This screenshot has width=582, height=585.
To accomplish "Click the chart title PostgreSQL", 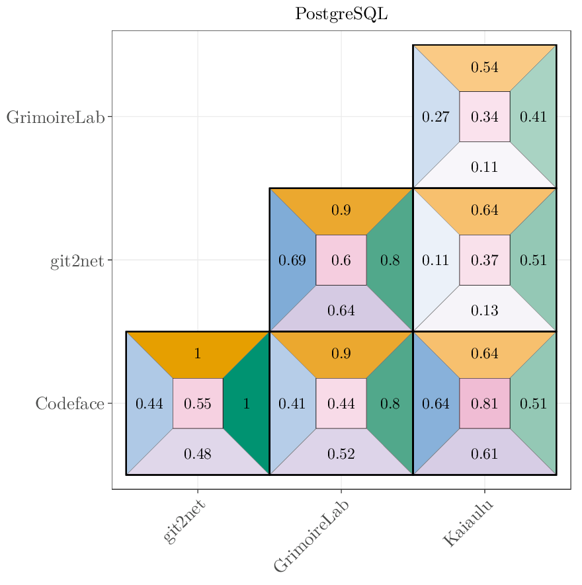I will pyautogui.click(x=341, y=14).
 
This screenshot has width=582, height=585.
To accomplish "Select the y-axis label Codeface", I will pyautogui.click(x=69, y=403).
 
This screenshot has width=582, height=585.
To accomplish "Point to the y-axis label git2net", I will pyautogui.click(x=77, y=260).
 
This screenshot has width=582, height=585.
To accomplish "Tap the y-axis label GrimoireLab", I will pyautogui.click(x=56, y=117).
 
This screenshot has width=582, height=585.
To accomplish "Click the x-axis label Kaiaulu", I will pyautogui.click(x=468, y=523).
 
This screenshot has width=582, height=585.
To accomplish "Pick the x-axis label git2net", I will pyautogui.click(x=185, y=522).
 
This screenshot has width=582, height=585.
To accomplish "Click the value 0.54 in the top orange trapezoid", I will pyautogui.click(x=484, y=67).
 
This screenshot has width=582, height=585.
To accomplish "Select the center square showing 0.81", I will pyautogui.click(x=484, y=403).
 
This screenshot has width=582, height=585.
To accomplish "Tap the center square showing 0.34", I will pyautogui.click(x=484, y=117).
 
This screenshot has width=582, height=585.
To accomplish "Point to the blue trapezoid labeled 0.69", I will pyautogui.click(x=292, y=260).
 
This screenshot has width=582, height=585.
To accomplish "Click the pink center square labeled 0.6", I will pyautogui.click(x=341, y=260).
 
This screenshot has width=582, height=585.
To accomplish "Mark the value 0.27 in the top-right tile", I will pyautogui.click(x=435, y=117).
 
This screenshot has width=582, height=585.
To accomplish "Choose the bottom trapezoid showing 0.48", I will pyautogui.click(x=197, y=453).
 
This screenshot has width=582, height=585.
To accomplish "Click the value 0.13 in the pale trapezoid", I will pyautogui.click(x=484, y=311).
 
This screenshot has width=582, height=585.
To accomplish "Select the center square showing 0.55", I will pyautogui.click(x=197, y=403).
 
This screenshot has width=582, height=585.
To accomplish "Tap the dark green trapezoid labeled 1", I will pyautogui.click(x=247, y=403).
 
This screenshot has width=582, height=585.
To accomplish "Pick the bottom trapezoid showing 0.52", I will pyautogui.click(x=341, y=453).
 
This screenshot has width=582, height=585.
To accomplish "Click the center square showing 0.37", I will pyautogui.click(x=484, y=260).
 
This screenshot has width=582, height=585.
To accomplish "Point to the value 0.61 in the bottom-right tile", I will pyautogui.click(x=484, y=453).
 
